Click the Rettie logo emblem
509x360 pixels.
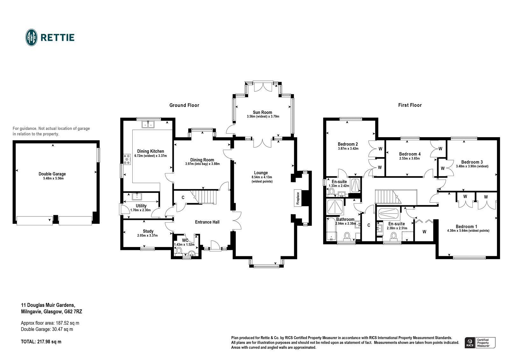31,38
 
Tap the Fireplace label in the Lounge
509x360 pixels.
298,198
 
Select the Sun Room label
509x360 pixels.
262,112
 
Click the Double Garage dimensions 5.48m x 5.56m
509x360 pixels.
52,178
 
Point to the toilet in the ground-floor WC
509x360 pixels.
179,251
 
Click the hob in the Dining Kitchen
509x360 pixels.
127,159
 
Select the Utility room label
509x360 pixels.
141,206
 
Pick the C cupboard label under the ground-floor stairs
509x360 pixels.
183,198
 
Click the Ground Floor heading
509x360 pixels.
184,105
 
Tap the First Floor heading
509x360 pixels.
410,105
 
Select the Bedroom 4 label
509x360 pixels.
410,154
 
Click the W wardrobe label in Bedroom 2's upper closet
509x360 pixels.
380,149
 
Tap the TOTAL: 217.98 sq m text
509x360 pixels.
41,342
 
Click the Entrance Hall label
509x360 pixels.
207,222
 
